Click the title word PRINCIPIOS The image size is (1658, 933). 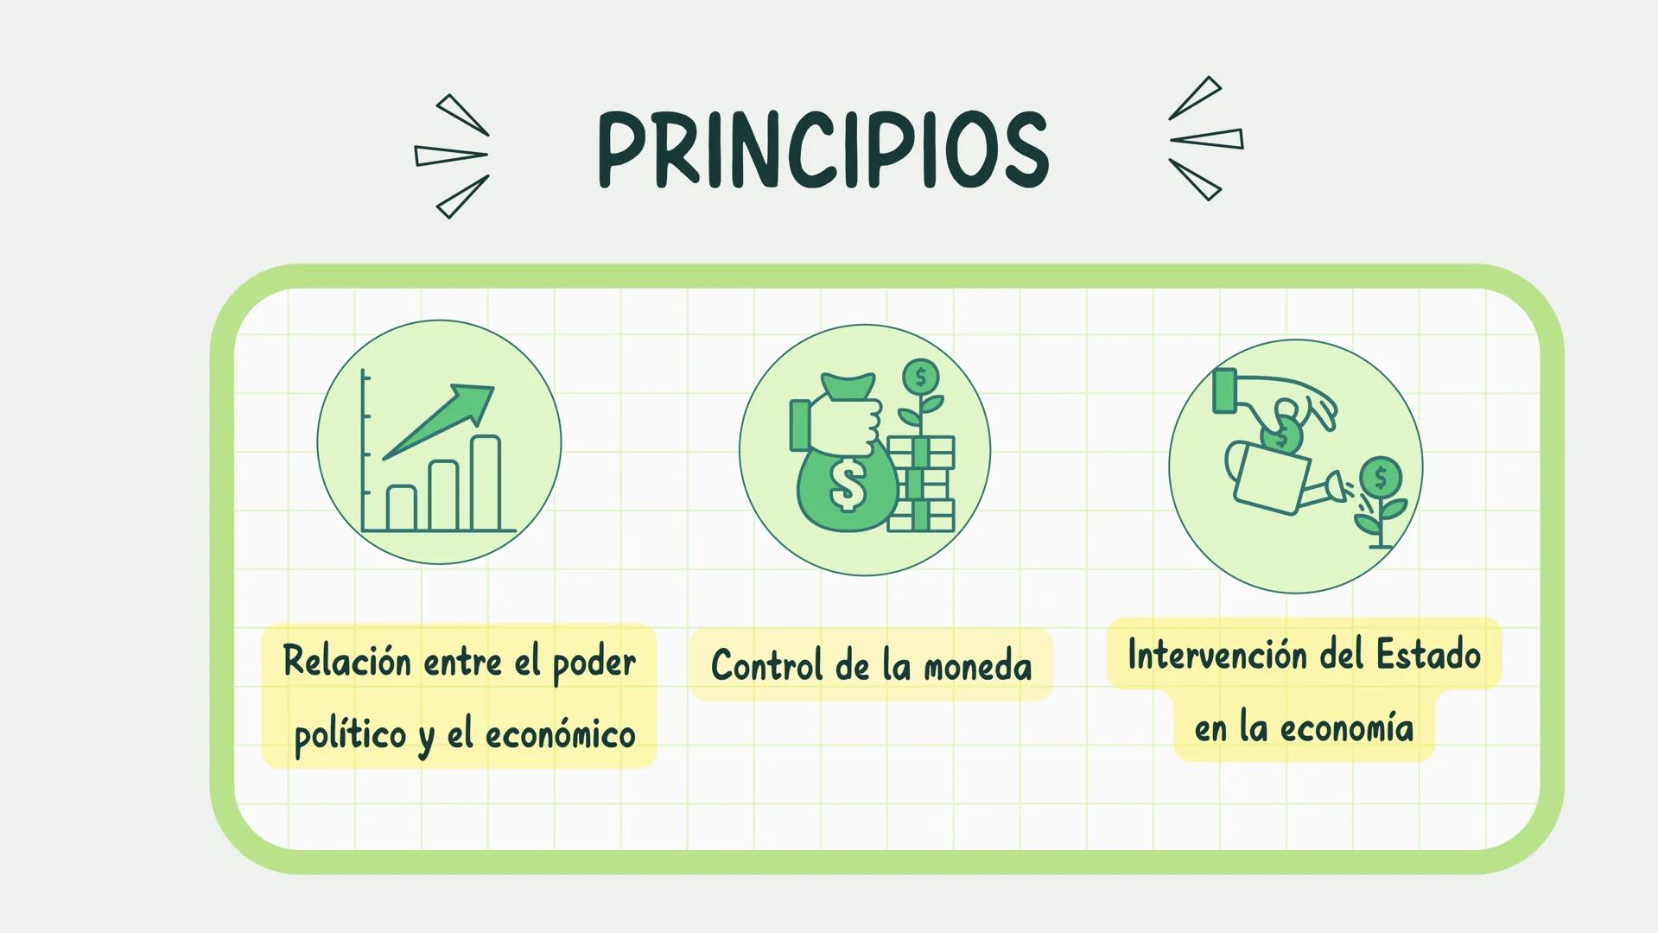click(x=823, y=149)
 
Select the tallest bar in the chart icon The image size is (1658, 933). click(x=486, y=483)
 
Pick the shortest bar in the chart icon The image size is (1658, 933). click(x=401, y=508)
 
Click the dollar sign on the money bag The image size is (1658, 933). click(x=848, y=485)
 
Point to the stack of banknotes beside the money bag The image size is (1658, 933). click(x=922, y=485)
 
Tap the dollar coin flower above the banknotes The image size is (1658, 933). click(x=921, y=378)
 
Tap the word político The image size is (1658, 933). click(x=350, y=736)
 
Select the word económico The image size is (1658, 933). click(x=560, y=736)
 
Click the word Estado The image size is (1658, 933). click(x=1428, y=654)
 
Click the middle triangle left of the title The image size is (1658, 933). click(x=450, y=155)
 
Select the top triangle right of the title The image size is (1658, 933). click(x=1197, y=97)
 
